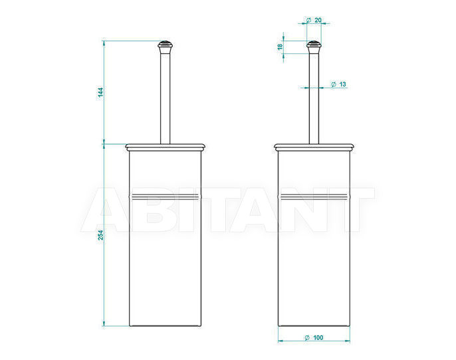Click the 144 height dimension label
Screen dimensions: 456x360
click(100, 92)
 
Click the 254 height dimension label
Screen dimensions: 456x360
click(100, 234)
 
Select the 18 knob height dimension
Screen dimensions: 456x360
click(280, 46)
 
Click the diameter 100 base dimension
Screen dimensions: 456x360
click(314, 337)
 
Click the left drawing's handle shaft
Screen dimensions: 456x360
click(165, 98)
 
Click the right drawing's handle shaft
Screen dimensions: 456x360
click(314, 98)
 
